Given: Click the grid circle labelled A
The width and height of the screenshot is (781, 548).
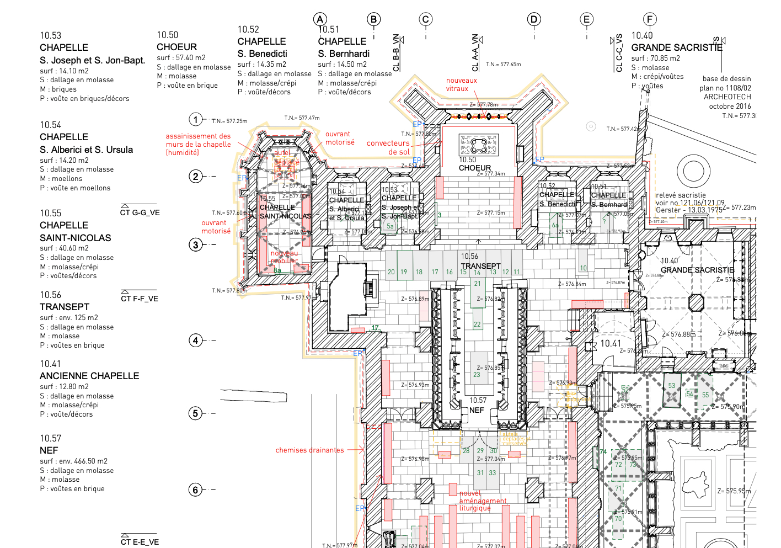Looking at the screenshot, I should coord(320,19).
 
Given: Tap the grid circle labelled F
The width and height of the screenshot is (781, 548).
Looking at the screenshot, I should coord(650,19).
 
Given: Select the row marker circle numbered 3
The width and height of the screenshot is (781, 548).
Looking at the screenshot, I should coord(196,244).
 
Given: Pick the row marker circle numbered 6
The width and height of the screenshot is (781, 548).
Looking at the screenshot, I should coord(196,490).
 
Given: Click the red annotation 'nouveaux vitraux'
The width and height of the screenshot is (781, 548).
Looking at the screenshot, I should coord(461,84).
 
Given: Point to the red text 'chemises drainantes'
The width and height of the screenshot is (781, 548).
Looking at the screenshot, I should coord(309,450).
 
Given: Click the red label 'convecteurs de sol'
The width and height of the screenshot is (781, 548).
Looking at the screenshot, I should coord(388,147).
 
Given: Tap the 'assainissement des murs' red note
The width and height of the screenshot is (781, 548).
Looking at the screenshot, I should coord(198,144).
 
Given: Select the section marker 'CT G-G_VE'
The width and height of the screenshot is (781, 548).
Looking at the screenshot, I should coord(140,212).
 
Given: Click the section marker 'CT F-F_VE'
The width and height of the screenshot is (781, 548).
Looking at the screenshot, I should coord(140,299).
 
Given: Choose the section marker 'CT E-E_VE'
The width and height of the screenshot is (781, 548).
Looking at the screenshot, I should coord(140,542).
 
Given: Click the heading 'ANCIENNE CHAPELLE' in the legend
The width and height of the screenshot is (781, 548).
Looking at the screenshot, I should coord(89,376).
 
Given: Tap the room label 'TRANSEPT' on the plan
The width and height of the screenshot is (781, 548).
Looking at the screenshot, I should coord(480,266).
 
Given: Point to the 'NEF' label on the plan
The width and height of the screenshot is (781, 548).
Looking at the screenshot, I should coord(477,410).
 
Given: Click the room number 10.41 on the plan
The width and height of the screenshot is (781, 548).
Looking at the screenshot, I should coord(611,343).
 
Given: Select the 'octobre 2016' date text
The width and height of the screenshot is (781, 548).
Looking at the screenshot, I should coord(730,106).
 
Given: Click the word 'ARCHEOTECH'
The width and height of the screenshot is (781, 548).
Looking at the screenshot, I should coord(727,97).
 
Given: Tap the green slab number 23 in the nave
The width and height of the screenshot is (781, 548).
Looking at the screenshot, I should coord(477,375).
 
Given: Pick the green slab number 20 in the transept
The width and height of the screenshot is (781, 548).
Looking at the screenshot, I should coord(391,272).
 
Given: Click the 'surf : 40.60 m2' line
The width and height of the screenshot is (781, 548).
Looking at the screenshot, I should coord(64,248).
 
